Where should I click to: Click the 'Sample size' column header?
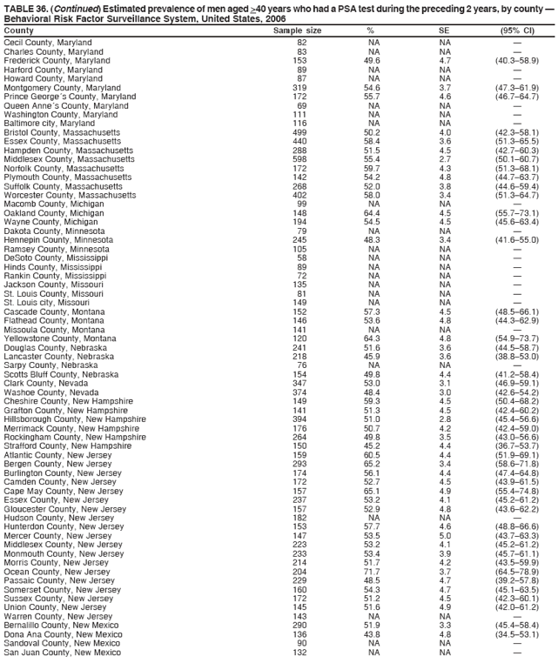tap(297, 30)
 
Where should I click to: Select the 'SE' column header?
tap(445, 30)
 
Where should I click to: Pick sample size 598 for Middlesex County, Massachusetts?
tap(300, 158)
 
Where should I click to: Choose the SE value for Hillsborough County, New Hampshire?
tap(445, 419)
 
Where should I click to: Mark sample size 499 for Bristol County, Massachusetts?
tap(300, 132)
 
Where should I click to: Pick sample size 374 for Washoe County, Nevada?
tap(300, 392)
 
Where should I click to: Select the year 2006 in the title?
tap(274, 17)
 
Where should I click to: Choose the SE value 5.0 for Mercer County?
tap(445, 536)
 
